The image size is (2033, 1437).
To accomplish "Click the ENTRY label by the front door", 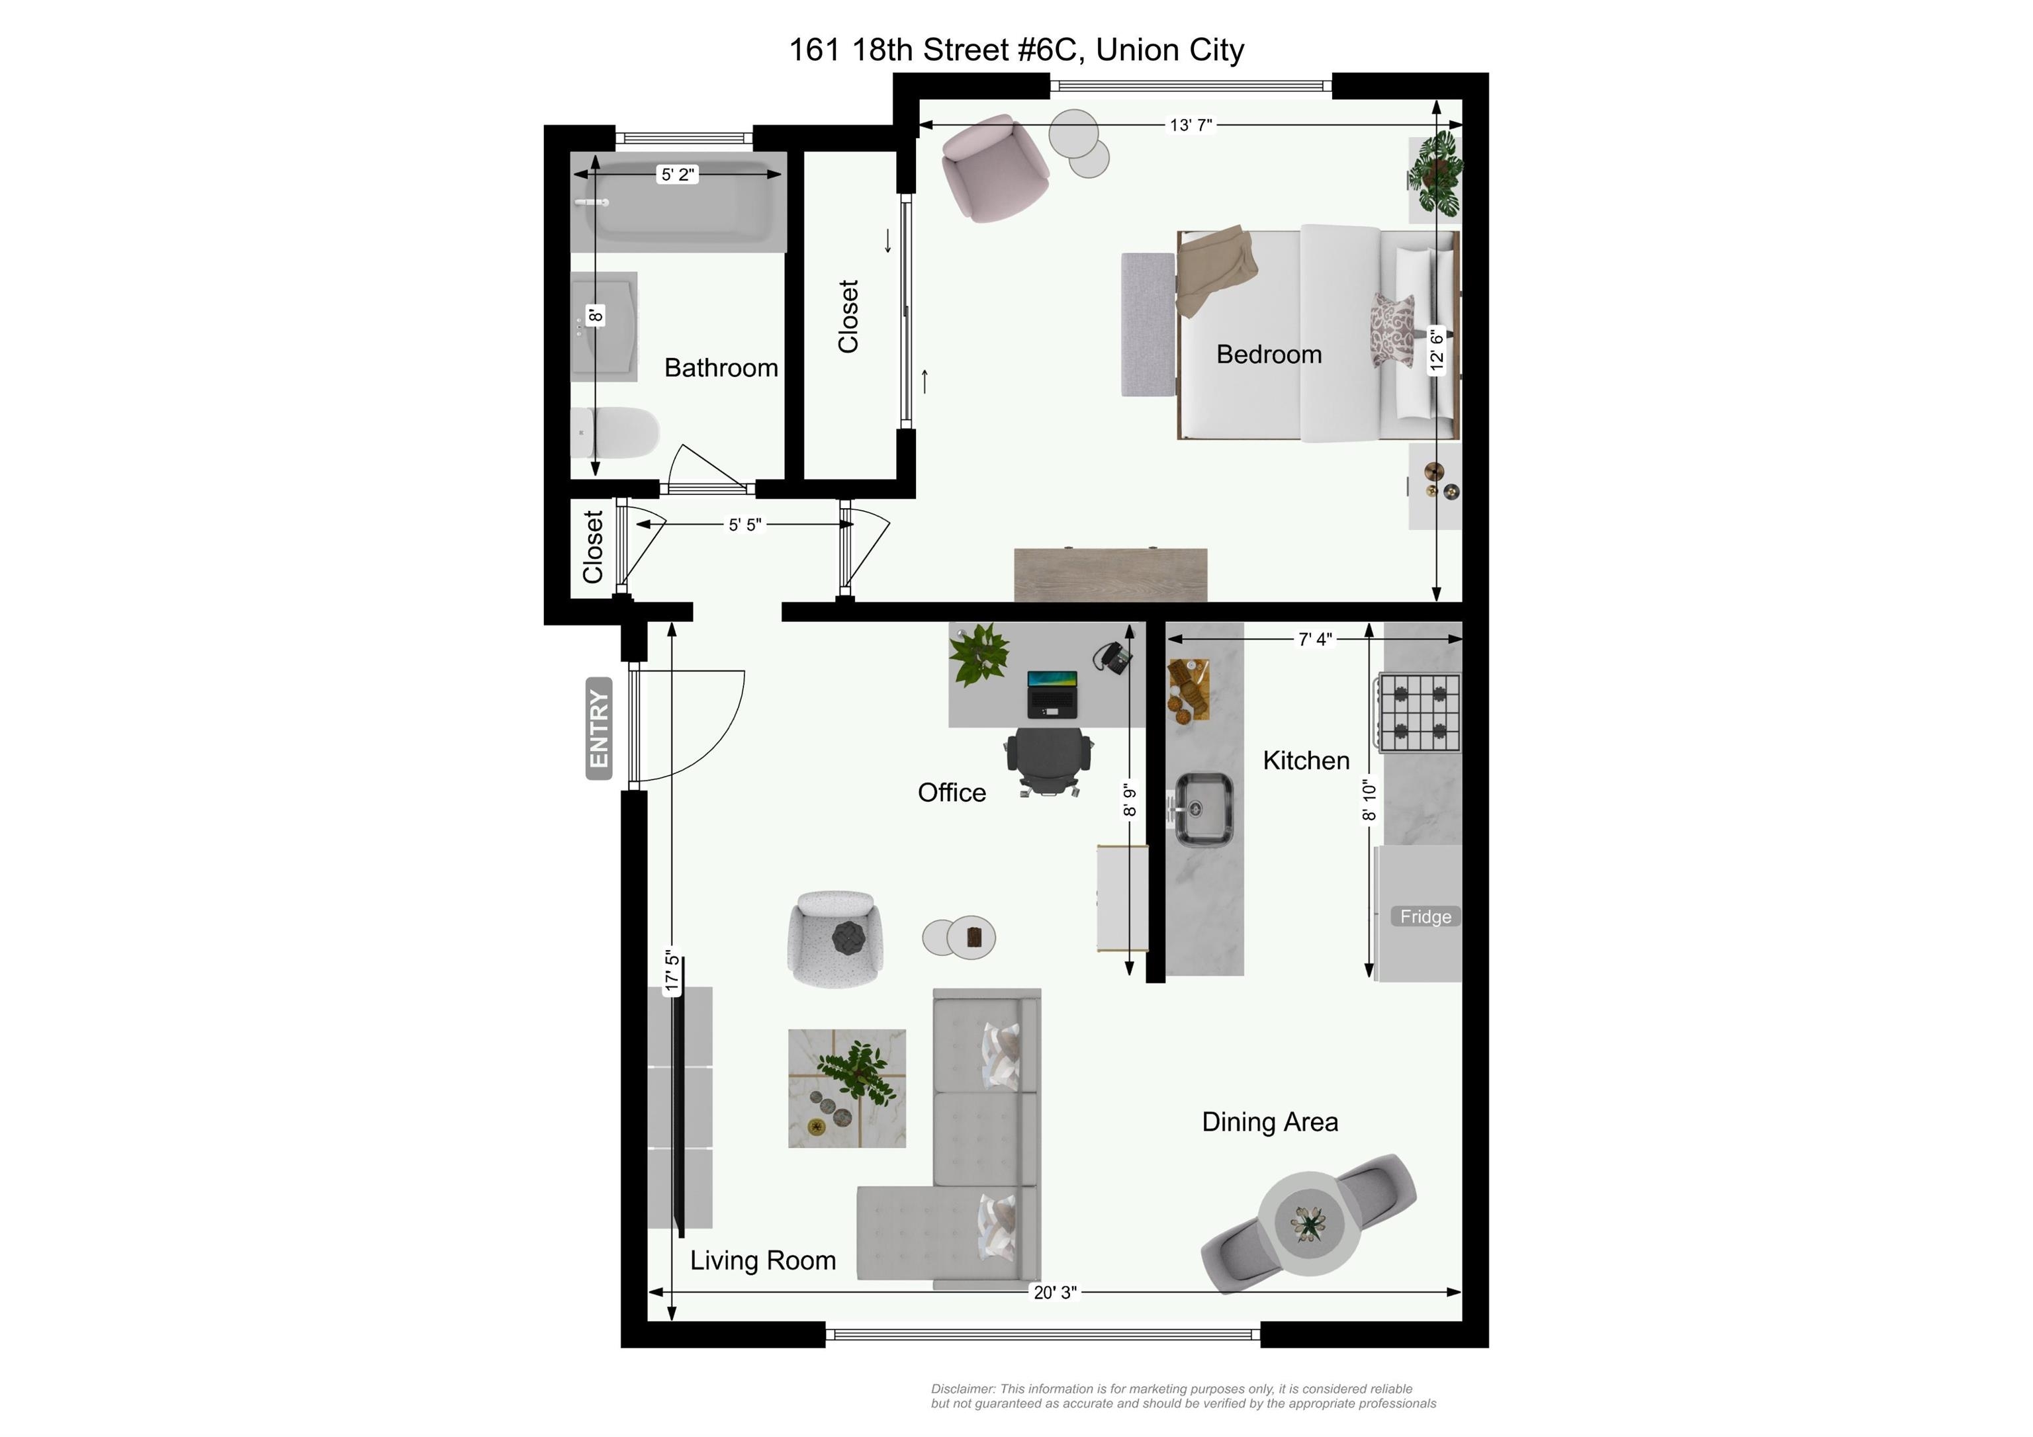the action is point(598,728).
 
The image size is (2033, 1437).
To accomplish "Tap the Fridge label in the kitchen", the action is point(1425,916).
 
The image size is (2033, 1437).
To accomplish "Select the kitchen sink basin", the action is point(1203,809).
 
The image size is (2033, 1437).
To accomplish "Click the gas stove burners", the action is point(1417,713).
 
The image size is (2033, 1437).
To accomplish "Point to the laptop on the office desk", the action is point(1052,694).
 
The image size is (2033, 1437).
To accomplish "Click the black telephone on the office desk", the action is point(1113,658).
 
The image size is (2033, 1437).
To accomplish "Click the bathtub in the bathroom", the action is point(678,202).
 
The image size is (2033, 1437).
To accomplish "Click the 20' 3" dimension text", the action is point(1056,1292).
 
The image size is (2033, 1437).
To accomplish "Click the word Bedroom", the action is point(1269,354).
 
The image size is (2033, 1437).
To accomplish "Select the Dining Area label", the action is point(1270,1122).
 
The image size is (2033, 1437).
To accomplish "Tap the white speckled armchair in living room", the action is point(835,939).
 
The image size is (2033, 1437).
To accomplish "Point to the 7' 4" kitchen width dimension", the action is point(1315,639).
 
